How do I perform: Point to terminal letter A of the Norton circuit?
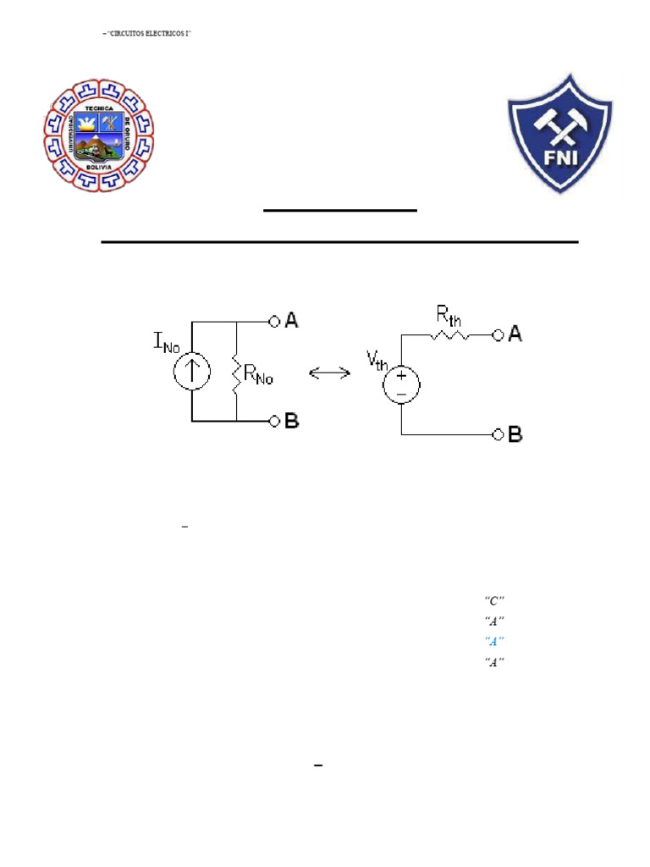click(291, 320)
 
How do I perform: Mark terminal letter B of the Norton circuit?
click(291, 421)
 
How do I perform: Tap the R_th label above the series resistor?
click(449, 318)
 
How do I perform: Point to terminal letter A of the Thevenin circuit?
click(515, 335)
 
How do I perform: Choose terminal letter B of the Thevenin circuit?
click(515, 435)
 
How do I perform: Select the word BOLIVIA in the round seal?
click(98, 168)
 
